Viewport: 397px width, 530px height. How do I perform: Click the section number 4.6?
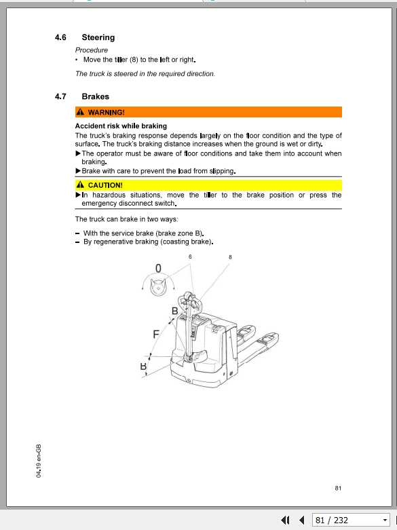(x=60, y=37)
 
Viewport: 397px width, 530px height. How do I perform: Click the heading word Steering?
(x=98, y=37)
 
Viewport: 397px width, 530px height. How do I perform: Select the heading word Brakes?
(x=95, y=96)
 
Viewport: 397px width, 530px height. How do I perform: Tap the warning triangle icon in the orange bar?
(x=81, y=112)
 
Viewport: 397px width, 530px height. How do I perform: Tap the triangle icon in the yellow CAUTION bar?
(x=81, y=185)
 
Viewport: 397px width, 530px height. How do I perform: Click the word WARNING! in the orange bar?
(x=107, y=112)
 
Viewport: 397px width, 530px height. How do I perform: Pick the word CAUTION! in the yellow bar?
(x=105, y=185)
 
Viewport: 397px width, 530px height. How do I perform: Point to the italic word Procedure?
(x=92, y=50)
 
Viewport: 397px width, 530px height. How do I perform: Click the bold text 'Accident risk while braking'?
(x=121, y=126)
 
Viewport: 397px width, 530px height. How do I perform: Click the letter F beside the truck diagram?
(x=156, y=334)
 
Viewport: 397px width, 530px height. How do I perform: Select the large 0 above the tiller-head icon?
(x=158, y=269)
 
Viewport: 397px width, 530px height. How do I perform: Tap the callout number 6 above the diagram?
(x=191, y=257)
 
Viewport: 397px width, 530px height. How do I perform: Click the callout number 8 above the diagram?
(x=230, y=257)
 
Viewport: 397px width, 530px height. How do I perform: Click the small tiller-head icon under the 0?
(x=158, y=288)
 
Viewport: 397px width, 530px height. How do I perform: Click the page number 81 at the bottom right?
(x=338, y=488)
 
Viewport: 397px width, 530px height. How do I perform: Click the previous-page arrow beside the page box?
(x=301, y=520)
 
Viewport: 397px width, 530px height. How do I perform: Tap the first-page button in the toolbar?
(x=285, y=520)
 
